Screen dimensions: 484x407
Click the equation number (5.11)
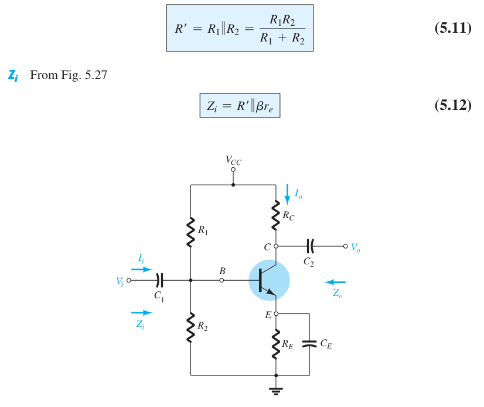click(x=453, y=28)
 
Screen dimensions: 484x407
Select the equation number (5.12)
click(x=453, y=105)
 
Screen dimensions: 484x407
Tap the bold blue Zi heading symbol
click(x=13, y=75)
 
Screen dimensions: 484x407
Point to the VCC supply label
click(x=233, y=160)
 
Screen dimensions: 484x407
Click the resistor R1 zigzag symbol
click(x=191, y=232)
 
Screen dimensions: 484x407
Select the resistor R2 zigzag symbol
click(x=191, y=327)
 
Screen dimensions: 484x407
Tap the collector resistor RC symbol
click(x=275, y=215)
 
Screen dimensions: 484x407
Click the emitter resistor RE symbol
click(x=275, y=344)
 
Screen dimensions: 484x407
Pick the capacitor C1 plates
click(x=159, y=280)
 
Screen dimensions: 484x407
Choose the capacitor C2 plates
click(x=310, y=246)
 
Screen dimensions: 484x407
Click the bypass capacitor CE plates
click(x=309, y=343)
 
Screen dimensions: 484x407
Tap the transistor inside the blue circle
click(x=267, y=280)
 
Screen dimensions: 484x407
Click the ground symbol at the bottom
click(x=275, y=391)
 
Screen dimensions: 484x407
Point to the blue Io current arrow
click(x=287, y=194)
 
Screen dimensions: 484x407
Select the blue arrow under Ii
click(x=142, y=270)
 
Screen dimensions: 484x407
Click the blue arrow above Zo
click(x=335, y=282)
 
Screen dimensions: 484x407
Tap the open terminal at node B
click(x=221, y=280)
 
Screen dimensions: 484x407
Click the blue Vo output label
click(x=356, y=247)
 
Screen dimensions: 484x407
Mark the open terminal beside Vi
click(x=129, y=280)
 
